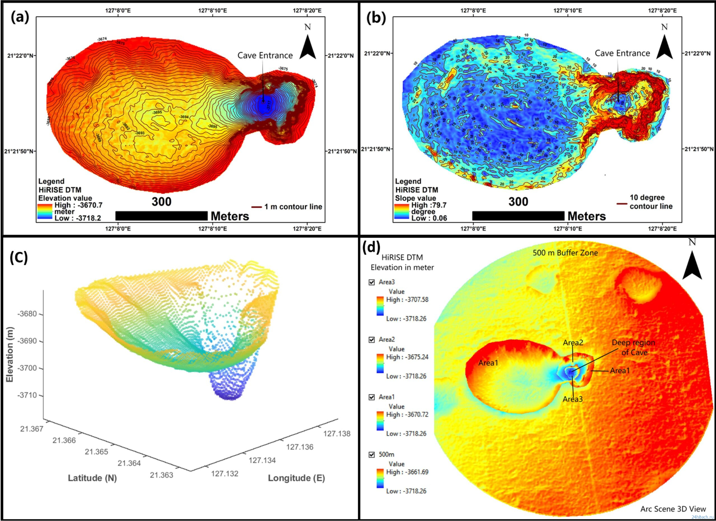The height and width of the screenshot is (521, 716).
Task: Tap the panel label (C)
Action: click(19, 258)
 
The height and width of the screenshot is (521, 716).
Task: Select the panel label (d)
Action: click(372, 247)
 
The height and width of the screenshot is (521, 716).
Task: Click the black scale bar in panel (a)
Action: click(161, 216)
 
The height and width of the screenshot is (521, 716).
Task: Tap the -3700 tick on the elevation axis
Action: click(27, 368)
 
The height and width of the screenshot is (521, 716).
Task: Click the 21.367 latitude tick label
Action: click(32, 429)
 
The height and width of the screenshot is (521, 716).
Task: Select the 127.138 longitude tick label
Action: click(337, 434)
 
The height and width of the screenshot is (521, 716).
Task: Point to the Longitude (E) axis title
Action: click(296, 478)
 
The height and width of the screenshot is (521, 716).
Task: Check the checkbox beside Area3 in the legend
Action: click(372, 282)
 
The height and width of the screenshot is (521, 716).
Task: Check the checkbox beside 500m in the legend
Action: click(372, 455)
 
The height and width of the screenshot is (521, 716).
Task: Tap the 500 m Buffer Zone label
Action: click(565, 253)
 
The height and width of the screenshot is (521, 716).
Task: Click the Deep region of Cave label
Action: click(633, 347)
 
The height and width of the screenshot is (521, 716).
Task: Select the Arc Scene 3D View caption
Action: click(673, 509)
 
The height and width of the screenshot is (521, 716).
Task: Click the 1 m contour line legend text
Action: click(293, 207)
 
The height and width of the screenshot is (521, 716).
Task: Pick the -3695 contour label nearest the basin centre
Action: click(157, 112)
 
